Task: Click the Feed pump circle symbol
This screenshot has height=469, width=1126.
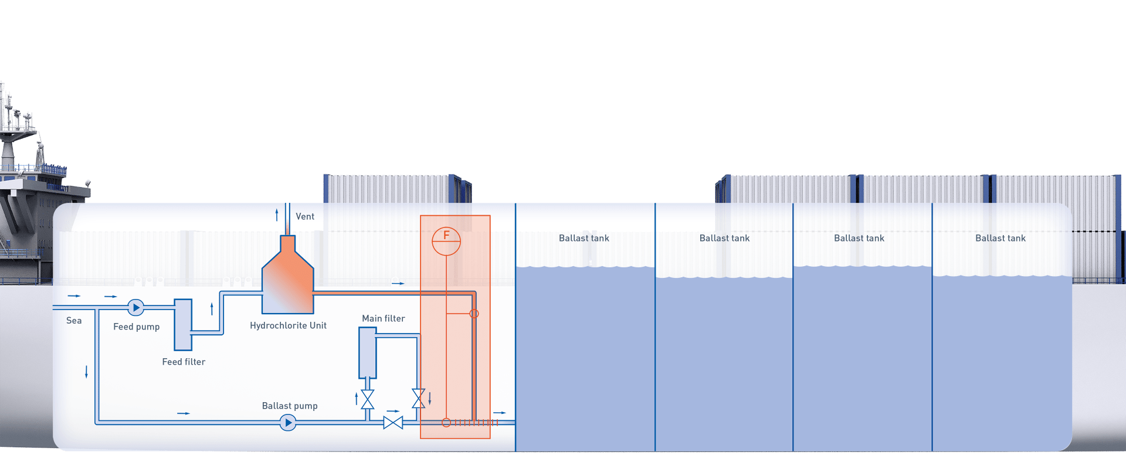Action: (x=136, y=307)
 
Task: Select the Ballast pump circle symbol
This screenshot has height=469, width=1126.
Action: (x=288, y=422)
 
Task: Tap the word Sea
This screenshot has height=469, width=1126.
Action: (x=74, y=321)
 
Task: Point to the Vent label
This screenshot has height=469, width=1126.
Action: (x=305, y=216)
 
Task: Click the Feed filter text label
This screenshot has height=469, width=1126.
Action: (x=184, y=362)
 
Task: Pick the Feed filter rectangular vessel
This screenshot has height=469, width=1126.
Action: (x=183, y=325)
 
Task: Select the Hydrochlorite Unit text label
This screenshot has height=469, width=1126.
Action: (x=288, y=325)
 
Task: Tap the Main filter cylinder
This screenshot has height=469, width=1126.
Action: (x=368, y=353)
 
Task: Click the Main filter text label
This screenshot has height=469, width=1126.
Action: (x=384, y=318)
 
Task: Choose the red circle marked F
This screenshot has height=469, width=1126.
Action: (x=446, y=240)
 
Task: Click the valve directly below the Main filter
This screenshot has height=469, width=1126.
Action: (x=368, y=399)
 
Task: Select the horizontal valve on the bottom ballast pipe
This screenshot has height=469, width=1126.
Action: (x=393, y=422)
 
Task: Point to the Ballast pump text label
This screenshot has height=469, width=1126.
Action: (x=290, y=406)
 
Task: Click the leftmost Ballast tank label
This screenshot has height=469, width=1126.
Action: (x=584, y=238)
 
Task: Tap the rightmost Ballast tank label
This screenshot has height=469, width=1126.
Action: (x=1000, y=238)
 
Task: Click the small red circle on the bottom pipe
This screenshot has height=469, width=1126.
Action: (x=446, y=422)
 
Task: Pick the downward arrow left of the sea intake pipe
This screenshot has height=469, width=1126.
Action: (x=87, y=371)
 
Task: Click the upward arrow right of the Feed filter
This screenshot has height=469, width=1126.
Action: (x=212, y=308)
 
